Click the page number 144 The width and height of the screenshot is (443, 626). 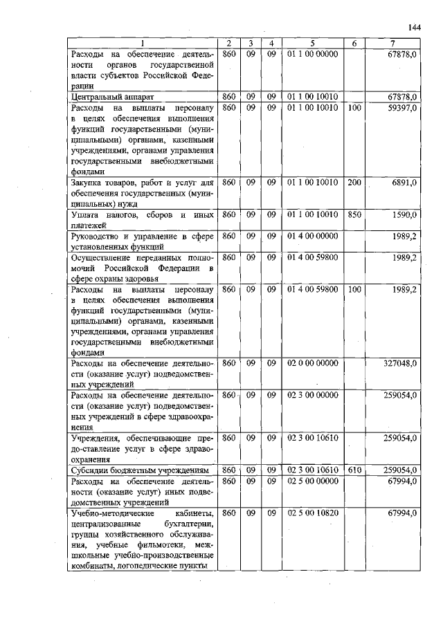(x=415, y=27)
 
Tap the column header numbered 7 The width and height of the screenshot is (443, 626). (x=392, y=44)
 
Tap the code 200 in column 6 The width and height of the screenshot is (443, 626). (x=354, y=182)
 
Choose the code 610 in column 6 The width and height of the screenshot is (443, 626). (x=354, y=470)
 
